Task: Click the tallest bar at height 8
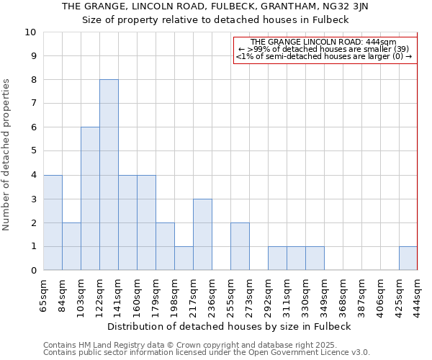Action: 109,175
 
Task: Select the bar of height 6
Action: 90,199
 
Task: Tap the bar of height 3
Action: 202,235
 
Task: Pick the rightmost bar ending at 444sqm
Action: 408,258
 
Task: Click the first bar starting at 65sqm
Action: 53,222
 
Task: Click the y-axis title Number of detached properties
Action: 7,155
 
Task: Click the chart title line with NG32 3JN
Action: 215,6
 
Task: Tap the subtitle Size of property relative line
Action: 215,19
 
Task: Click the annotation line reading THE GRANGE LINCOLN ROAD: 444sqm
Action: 324,42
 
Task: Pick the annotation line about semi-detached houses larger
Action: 324,57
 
